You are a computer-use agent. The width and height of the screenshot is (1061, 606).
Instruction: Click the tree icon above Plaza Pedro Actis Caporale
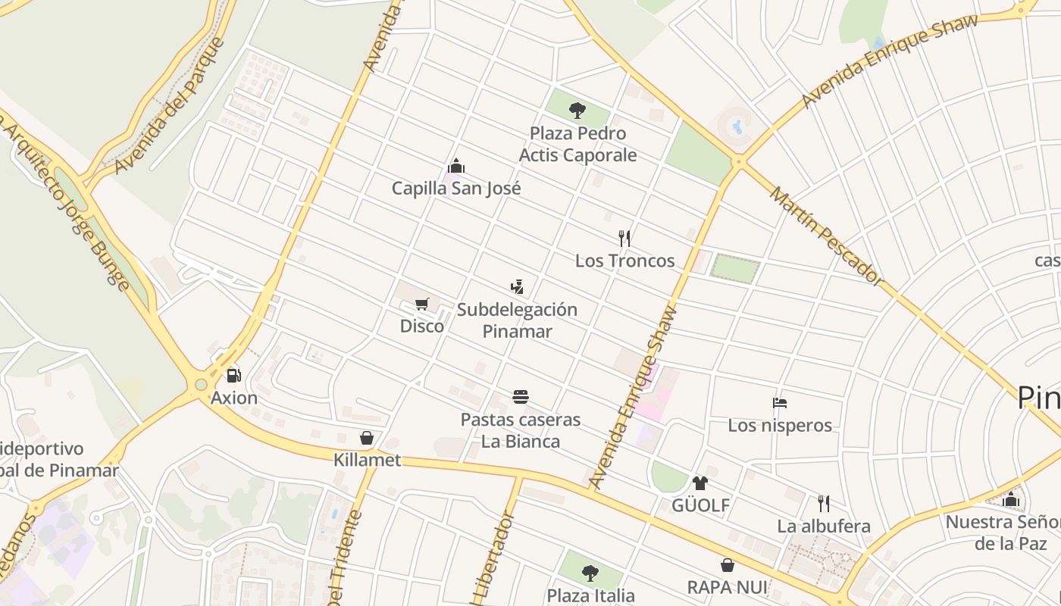click(577, 111)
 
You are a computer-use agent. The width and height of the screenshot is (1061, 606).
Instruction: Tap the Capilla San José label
click(456, 188)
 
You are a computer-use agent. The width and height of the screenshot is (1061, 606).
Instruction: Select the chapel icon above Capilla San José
click(456, 165)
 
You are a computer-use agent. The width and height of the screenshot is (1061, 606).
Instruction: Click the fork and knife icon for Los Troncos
click(624, 238)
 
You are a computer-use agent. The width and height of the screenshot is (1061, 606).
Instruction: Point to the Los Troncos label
click(624, 261)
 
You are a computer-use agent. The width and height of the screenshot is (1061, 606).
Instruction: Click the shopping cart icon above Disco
click(422, 304)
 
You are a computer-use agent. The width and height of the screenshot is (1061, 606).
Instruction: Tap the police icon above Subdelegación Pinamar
click(517, 286)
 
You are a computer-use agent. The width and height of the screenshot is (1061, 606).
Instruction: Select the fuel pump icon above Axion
click(233, 375)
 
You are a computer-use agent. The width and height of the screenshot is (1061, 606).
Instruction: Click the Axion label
click(234, 398)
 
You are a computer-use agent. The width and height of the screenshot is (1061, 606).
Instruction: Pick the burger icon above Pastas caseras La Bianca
click(521, 397)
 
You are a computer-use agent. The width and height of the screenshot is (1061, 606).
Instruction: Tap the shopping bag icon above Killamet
click(367, 438)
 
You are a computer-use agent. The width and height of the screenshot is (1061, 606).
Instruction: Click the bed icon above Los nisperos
click(780, 402)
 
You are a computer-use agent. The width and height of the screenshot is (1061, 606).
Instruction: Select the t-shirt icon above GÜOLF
click(700, 483)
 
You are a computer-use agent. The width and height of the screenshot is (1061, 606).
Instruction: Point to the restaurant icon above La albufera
click(824, 503)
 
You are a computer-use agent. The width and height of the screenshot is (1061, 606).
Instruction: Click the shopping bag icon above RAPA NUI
click(727, 565)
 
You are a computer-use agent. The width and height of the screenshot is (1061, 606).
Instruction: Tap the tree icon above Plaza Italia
click(590, 573)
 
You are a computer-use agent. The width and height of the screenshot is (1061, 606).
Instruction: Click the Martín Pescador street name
click(827, 236)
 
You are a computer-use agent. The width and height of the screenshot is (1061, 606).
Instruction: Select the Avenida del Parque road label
click(171, 106)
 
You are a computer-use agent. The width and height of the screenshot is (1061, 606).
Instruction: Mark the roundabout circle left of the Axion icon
click(201, 385)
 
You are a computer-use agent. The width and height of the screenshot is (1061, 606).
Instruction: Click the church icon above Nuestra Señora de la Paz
click(1011, 499)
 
